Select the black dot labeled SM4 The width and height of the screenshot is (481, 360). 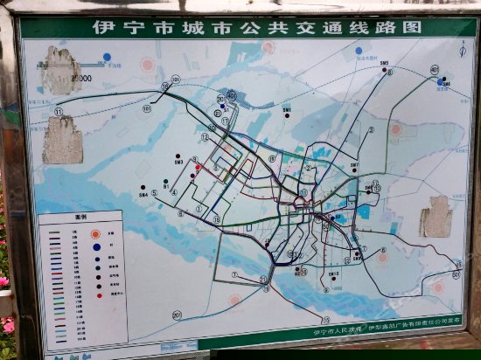142,187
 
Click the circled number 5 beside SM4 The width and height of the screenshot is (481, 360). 154,193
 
